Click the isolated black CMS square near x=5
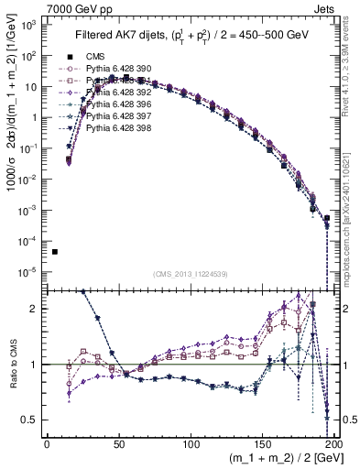coord(55,252)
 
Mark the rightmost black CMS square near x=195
coord(327,218)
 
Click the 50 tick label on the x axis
coord(119,444)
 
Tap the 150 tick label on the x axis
coord(263,444)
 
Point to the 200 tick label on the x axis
coord(333,444)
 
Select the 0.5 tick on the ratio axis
coord(35,420)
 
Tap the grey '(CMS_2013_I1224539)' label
coord(190,274)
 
